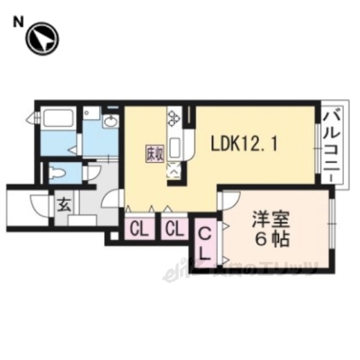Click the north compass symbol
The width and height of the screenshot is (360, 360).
click(x=42, y=38)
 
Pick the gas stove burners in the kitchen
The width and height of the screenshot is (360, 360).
click(x=175, y=118)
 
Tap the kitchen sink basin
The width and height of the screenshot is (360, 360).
click(x=173, y=147)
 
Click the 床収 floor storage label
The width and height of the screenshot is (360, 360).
click(x=152, y=155)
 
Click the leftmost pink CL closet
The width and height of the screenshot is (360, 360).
click(x=139, y=228)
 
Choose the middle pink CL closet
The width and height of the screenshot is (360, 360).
click(x=175, y=228)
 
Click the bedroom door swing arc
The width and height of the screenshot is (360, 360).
click(x=229, y=200)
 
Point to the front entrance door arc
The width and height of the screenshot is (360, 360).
click(x=37, y=203)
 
